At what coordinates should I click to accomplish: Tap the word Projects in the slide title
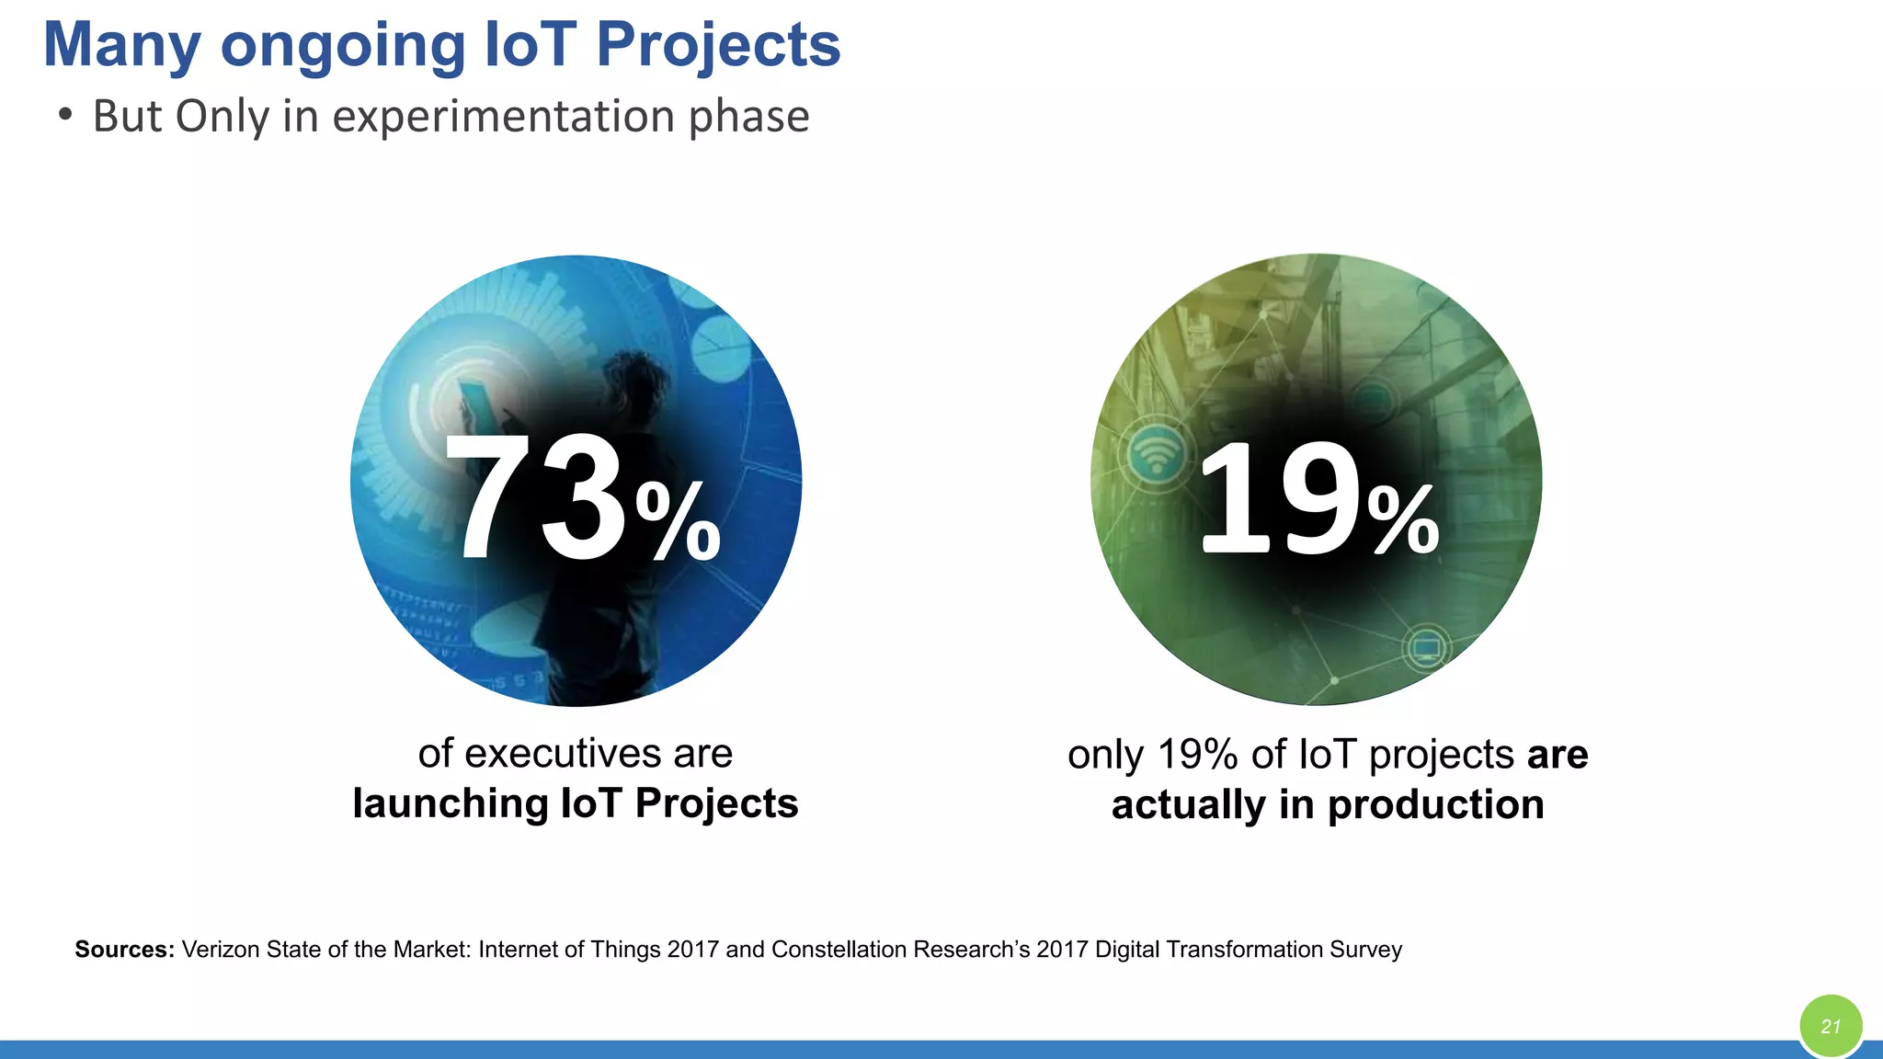[x=718, y=46]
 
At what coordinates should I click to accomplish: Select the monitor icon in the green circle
[x=1426, y=649]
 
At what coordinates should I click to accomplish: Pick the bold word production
[x=1435, y=805]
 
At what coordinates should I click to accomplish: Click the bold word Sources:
[x=124, y=950]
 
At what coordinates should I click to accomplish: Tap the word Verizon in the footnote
[x=220, y=950]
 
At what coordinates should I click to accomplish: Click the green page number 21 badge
[x=1831, y=1026]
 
